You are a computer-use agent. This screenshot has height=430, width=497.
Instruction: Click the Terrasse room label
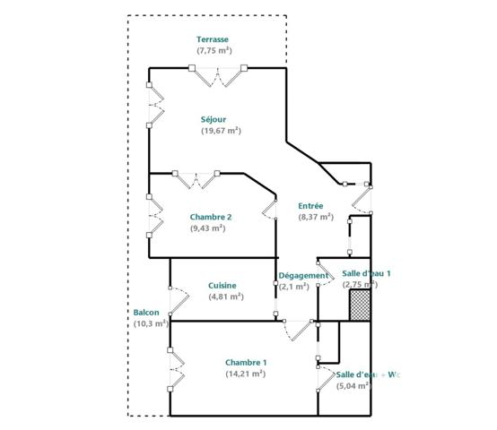coord(214,39)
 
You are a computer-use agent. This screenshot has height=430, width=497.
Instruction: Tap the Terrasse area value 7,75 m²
coord(214,50)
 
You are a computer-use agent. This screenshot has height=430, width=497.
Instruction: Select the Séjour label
coord(214,119)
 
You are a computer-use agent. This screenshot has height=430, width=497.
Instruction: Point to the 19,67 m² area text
coord(221,131)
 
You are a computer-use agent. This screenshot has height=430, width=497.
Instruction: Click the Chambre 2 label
coord(211,217)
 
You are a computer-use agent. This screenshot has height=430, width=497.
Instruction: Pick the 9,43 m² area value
coord(207,228)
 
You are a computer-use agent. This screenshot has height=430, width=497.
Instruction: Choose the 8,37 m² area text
coord(316,217)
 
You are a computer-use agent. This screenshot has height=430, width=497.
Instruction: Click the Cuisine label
coord(222,285)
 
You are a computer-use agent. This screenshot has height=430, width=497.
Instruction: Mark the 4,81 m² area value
coord(222,297)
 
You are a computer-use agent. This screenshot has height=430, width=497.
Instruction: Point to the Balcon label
coord(146,313)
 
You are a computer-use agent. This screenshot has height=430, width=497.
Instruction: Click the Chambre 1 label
coord(246,362)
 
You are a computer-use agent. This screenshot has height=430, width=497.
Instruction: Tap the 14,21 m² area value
coord(245,374)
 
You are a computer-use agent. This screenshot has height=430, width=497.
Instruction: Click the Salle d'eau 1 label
coord(367,272)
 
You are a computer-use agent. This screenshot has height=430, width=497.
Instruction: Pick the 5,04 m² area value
coord(353,386)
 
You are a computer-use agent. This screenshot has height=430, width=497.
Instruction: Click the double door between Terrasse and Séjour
coord(220,77)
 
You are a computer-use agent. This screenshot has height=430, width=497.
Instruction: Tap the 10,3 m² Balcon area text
coord(150,323)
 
